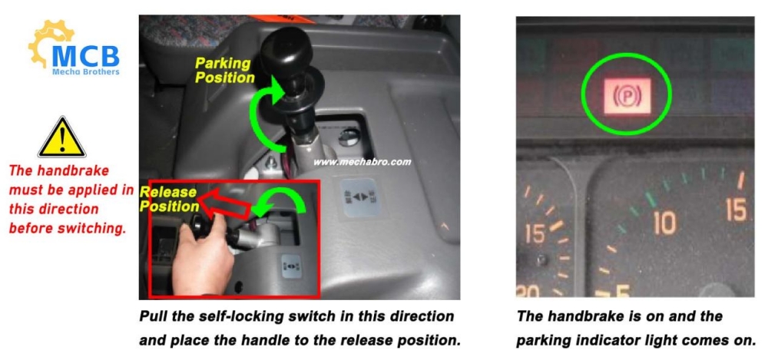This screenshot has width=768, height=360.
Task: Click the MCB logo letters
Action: point(86,55)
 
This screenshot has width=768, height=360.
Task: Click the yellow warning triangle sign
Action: point(61,137)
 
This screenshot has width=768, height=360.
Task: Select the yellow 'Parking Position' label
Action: point(225,71)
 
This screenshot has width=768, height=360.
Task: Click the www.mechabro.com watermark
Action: point(362,162)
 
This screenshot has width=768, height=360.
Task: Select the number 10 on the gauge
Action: point(664,223)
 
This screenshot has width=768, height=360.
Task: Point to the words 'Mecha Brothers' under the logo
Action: point(86,72)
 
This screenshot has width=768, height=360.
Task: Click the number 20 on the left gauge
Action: point(528,292)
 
